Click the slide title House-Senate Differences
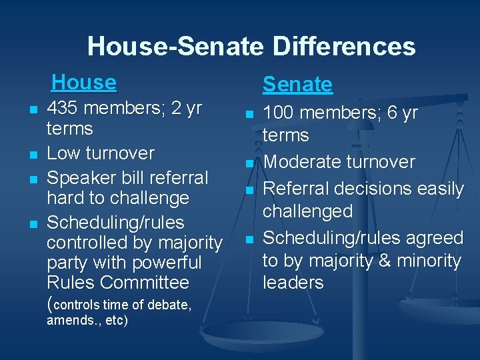tap(251, 47)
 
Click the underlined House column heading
tap(83, 82)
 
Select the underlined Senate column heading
tap(297, 84)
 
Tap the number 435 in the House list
tap(64, 108)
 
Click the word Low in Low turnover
tap(63, 153)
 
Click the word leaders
tap(293, 283)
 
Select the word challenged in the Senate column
tap(307, 211)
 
